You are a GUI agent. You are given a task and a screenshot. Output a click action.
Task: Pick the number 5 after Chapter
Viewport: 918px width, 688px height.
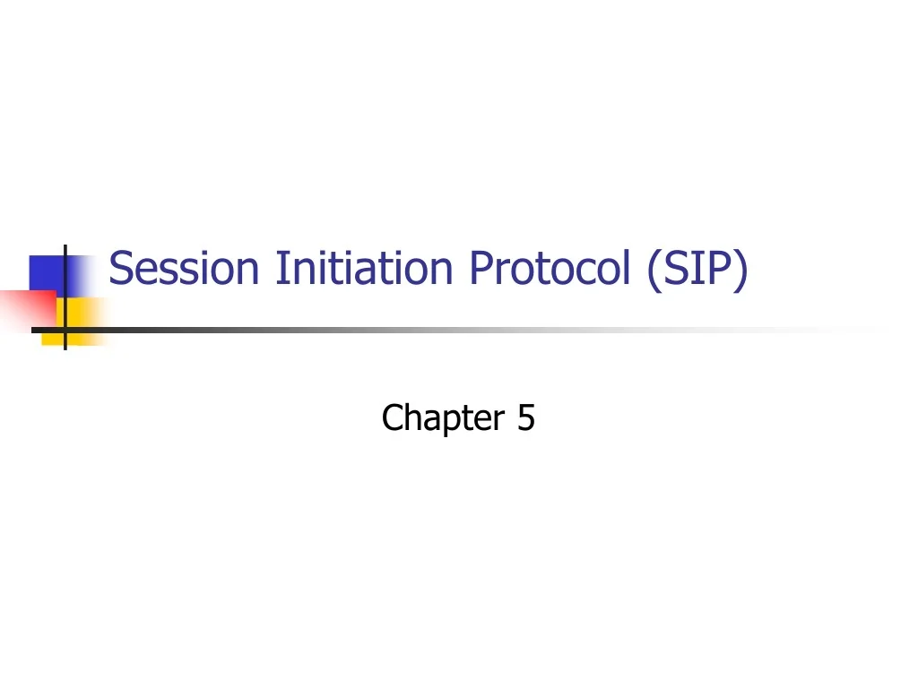525,417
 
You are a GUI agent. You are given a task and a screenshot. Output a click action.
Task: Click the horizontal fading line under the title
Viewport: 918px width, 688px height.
448,330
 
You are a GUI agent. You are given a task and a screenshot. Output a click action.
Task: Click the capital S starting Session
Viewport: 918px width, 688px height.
120,268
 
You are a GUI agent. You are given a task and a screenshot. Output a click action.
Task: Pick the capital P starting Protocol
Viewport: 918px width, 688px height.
479,268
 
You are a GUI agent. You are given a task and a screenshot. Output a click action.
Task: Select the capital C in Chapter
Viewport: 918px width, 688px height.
391,417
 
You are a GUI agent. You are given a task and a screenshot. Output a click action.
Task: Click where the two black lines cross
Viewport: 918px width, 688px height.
65,330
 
